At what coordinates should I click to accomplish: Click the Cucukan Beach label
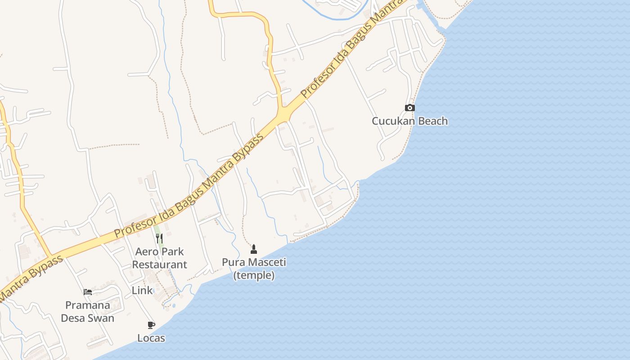coord(409,121)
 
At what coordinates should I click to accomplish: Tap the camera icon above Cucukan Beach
coord(409,108)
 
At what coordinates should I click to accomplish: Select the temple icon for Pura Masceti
coord(254,249)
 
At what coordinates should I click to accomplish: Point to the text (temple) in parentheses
coord(254,275)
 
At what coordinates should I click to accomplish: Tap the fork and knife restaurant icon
coord(159,238)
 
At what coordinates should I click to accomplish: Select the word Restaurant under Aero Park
coord(159,265)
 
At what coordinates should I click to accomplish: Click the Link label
coord(142,291)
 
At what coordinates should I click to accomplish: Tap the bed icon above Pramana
coord(88,292)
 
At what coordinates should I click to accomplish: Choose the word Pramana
coord(88,305)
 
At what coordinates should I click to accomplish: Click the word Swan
coord(101,318)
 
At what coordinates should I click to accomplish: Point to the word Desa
coord(73,318)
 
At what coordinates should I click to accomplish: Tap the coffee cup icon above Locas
coord(151,325)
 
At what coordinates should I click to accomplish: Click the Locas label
coord(151,338)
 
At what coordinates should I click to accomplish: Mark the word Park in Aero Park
coord(173,252)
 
